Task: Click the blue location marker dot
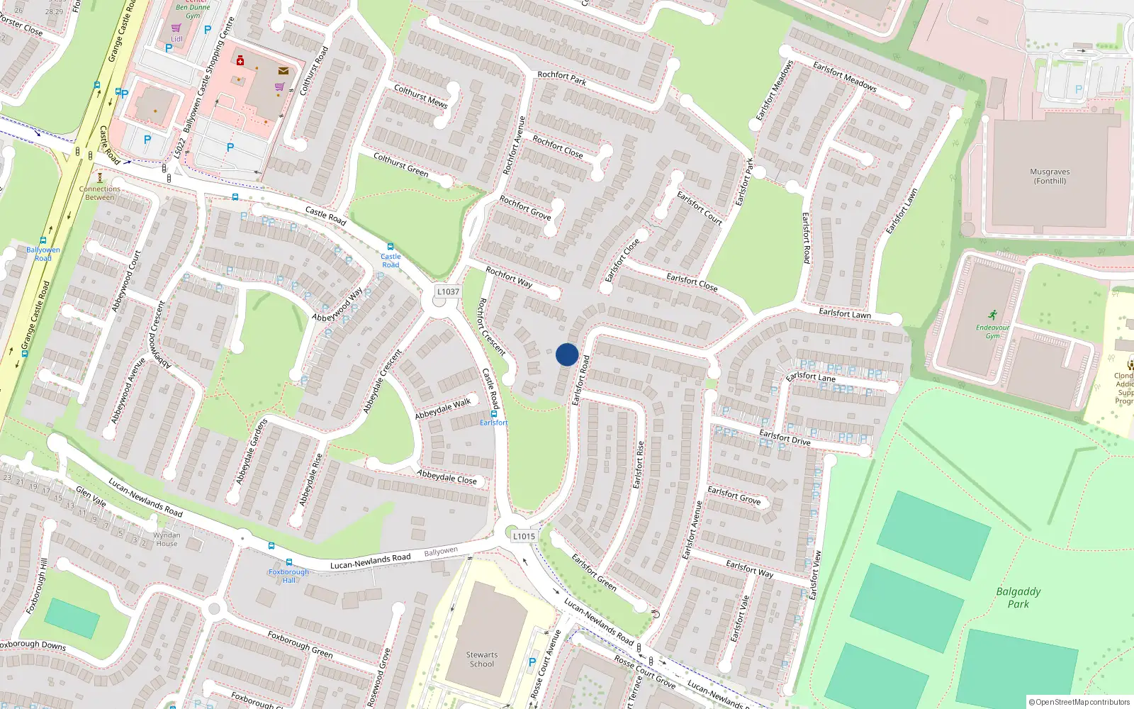click(567, 354)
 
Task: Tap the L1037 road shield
click(448, 291)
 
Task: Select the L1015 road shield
click(524, 536)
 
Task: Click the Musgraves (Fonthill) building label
click(1050, 177)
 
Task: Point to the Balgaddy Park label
click(1018, 598)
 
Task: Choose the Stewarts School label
click(482, 659)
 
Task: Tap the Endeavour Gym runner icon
click(992, 314)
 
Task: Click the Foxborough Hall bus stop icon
click(288, 562)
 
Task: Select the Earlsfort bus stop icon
click(494, 413)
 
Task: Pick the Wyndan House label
click(167, 540)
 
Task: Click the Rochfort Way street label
click(509, 277)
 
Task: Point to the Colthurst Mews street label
click(421, 96)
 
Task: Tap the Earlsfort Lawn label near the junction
click(845, 313)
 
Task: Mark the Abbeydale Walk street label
click(443, 408)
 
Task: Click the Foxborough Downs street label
click(33, 645)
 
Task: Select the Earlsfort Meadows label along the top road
click(845, 77)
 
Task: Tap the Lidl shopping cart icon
click(176, 28)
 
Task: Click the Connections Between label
click(100, 193)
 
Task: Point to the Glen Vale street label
click(91, 496)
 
